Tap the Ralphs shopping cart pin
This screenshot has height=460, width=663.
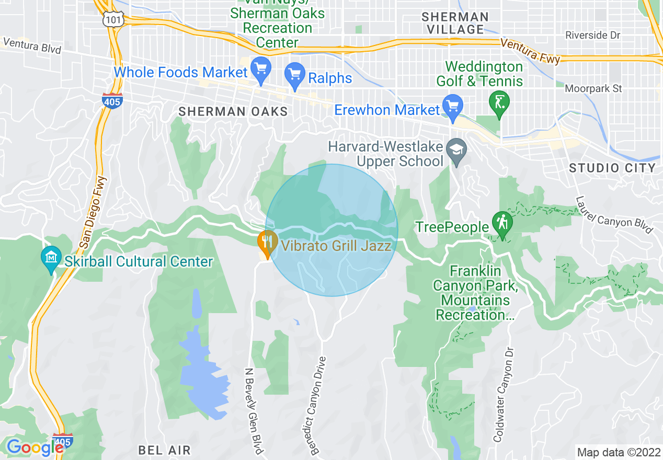[x=294, y=75]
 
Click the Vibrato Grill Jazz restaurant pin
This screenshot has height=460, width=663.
[x=268, y=243]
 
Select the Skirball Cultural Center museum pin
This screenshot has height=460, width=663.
[x=51, y=258]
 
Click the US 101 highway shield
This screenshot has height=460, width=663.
[x=111, y=19]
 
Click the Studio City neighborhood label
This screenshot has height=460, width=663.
[x=612, y=168]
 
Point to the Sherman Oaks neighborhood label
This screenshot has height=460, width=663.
[x=233, y=111]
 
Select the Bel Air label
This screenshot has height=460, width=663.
[x=164, y=450]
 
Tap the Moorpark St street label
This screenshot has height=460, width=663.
[x=593, y=89]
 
